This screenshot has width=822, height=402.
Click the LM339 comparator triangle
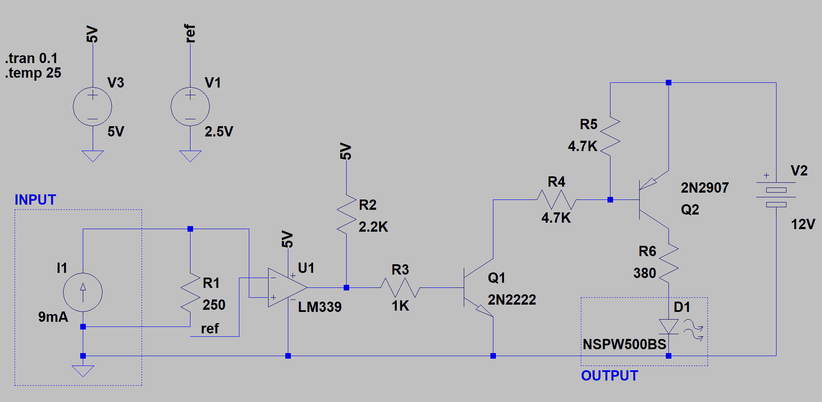point(287,287)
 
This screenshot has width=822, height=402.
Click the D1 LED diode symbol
point(668,326)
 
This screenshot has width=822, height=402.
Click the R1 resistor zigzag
point(190,292)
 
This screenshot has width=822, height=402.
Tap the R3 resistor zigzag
point(400,287)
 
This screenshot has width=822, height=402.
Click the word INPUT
point(35,200)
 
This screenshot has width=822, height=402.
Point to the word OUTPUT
point(609,376)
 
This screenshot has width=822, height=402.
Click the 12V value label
point(803,224)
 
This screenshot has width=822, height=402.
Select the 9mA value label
point(53,317)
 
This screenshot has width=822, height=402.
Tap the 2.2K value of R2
point(373,227)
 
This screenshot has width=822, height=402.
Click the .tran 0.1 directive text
point(31,58)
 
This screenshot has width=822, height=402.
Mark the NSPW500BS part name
point(624,344)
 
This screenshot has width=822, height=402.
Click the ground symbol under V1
point(190,156)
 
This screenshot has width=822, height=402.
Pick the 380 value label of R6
point(644,273)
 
